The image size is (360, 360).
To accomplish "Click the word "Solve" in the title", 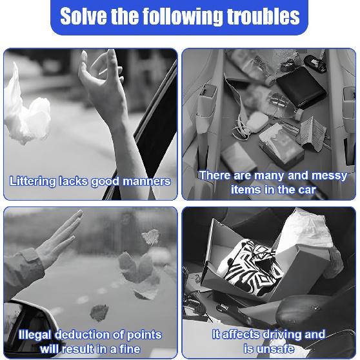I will tap(84, 16).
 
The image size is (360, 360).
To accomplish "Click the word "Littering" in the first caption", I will tap(33, 181).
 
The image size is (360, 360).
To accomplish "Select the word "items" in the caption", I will tap(246, 190).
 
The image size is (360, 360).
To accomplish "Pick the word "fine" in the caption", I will tap(128, 349).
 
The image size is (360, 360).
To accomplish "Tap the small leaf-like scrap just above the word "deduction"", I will tap(99, 312).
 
